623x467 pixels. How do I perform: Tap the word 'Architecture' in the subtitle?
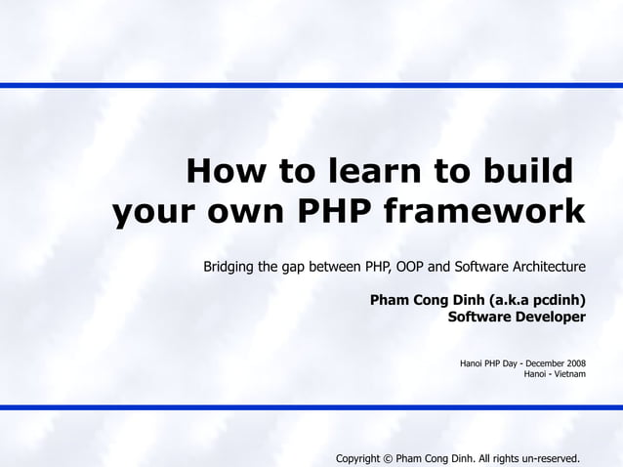click(548, 267)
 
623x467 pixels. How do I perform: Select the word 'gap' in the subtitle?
click(294, 267)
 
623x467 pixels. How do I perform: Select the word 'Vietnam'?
click(570, 374)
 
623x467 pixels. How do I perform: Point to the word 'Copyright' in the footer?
click(357, 458)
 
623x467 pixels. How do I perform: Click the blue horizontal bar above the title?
click(311, 86)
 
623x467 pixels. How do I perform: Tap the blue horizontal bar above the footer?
click(311, 407)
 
